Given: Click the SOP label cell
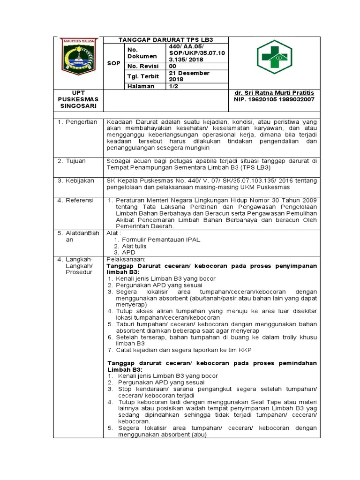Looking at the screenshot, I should click(x=113, y=63).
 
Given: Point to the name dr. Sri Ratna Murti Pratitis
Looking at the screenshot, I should click(x=274, y=93).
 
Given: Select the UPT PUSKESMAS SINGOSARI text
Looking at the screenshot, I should click(x=78, y=99).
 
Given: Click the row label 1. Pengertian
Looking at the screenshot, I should click(x=77, y=122).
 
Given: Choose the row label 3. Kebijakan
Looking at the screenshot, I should click(x=75, y=180).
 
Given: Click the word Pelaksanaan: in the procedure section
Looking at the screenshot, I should click(x=127, y=259).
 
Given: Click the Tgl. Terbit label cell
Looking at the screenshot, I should click(x=143, y=76).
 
